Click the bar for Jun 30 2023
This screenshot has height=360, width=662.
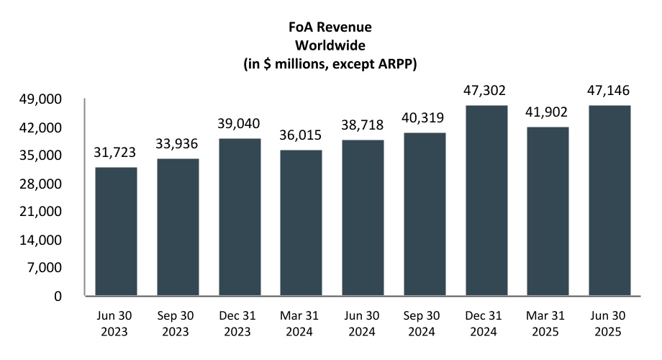pyautogui.click(x=116, y=231)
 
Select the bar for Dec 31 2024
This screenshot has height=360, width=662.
pyautogui.click(x=486, y=200)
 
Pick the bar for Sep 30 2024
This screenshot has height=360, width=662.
pyautogui.click(x=425, y=214)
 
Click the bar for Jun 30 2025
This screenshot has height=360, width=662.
pyautogui.click(x=609, y=200)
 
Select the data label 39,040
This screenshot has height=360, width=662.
pyautogui.click(x=240, y=124)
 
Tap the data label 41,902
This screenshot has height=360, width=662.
pyautogui.click(x=548, y=112)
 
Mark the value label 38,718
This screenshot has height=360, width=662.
pyautogui.click(x=363, y=125)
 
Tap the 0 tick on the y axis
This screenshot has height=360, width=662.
pyautogui.click(x=69, y=296)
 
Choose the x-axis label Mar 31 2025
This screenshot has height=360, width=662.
pyautogui.click(x=548, y=325)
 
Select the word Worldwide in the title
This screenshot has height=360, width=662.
pyautogui.click(x=330, y=45)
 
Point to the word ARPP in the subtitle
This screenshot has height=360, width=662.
pyautogui.click(x=397, y=63)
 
